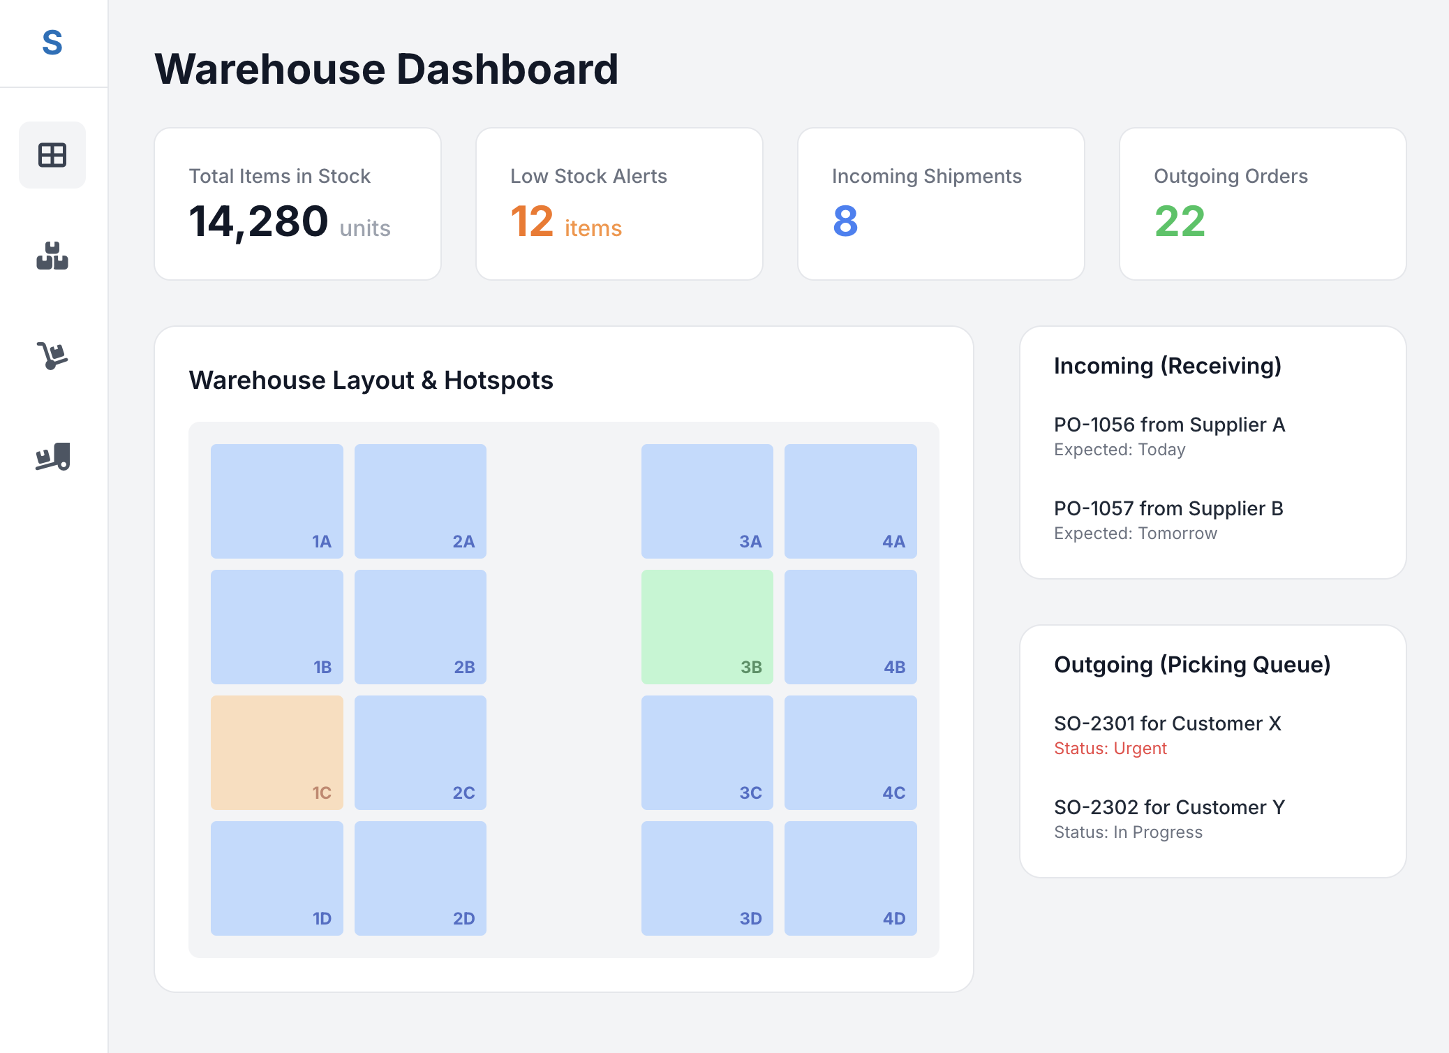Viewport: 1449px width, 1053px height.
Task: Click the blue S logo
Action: pos(52,43)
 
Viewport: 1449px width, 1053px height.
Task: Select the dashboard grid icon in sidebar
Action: pos(52,155)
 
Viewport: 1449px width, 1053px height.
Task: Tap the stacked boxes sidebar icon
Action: pos(52,256)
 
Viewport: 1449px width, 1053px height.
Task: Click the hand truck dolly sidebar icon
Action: pos(52,355)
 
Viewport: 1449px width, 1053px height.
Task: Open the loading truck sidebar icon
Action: pos(52,457)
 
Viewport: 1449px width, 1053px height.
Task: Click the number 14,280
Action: pos(258,221)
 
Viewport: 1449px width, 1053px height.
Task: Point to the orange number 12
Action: pos(532,221)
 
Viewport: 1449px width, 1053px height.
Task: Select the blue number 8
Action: pos(845,221)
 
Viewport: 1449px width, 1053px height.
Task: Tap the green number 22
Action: pos(1180,221)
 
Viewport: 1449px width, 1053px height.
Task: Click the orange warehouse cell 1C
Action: pos(276,752)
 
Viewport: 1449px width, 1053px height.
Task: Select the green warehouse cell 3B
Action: pos(706,626)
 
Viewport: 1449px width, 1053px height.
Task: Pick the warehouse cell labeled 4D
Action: pos(850,878)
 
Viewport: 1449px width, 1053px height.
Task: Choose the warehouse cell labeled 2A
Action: pos(420,501)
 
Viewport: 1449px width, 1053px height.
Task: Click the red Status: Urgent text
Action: pos(1110,749)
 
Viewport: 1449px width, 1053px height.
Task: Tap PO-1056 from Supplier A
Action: pos(1169,425)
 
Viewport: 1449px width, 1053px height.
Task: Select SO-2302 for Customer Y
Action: pos(1169,807)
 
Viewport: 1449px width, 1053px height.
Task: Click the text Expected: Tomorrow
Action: pos(1135,533)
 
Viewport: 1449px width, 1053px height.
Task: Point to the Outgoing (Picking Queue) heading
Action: pos(1191,665)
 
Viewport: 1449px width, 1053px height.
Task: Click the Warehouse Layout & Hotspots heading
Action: pos(371,381)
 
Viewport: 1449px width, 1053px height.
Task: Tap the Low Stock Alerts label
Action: pos(588,176)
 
